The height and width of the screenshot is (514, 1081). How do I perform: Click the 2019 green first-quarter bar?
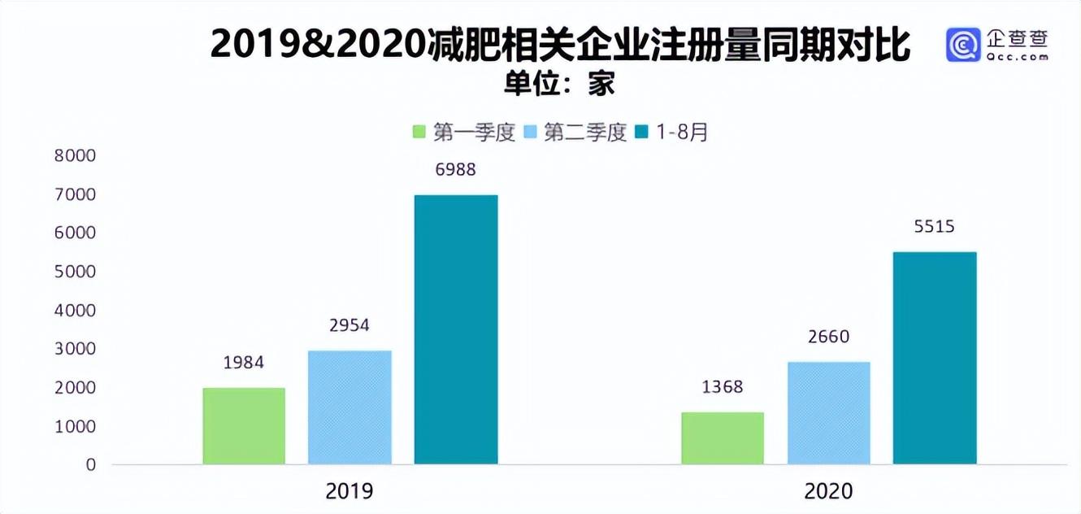tap(244, 426)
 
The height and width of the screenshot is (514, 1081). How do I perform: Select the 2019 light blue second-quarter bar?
tap(349, 407)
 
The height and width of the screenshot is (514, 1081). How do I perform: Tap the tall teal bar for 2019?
tap(456, 329)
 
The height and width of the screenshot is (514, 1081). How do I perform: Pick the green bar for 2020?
tap(723, 438)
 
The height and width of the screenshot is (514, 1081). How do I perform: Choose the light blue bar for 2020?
tap(828, 413)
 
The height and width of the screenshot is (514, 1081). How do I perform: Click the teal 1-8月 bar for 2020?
tap(935, 358)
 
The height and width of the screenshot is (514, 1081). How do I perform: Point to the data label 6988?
tap(455, 171)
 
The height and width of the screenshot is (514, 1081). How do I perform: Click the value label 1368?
tap(723, 387)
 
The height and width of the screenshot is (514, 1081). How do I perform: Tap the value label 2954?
tap(349, 325)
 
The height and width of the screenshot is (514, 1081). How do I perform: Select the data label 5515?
tap(935, 228)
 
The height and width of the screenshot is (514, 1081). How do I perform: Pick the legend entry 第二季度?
tap(576, 133)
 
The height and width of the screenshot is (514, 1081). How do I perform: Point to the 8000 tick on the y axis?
tap(75, 156)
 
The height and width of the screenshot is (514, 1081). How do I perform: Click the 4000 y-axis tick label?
tap(75, 311)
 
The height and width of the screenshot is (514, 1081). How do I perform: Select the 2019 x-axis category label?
tap(349, 491)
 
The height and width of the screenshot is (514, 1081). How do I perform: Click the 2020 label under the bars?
tap(828, 491)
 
